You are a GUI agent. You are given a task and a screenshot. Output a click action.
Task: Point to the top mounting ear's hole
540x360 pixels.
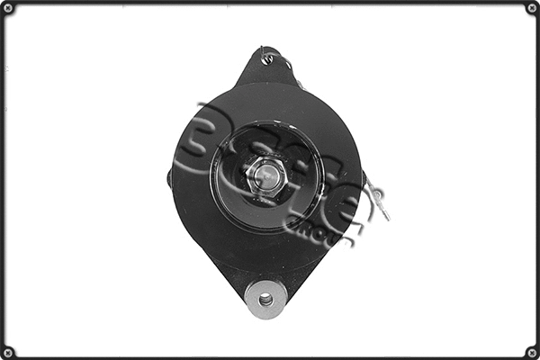click(x=266, y=60)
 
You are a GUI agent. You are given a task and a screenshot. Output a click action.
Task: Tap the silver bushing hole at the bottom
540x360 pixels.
click(x=265, y=298)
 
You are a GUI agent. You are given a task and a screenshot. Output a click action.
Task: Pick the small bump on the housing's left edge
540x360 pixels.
click(x=169, y=177)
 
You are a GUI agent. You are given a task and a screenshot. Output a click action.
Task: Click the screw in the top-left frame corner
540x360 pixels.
click(x=8, y=8)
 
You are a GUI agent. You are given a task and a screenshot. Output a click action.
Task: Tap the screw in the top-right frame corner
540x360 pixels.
click(x=531, y=8)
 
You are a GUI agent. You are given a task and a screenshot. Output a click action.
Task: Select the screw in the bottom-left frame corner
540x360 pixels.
click(x=8, y=351)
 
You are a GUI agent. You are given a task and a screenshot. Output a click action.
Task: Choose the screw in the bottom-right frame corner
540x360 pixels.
click(x=531, y=351)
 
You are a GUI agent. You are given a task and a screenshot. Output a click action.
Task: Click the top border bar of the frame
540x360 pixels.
click(x=270, y=3)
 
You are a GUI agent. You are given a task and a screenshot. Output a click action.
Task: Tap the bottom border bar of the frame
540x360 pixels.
click(x=270, y=356)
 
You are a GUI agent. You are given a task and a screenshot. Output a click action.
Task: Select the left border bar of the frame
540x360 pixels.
click(x=3, y=180)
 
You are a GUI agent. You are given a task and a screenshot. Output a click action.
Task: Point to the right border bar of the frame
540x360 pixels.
click(x=536, y=180)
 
